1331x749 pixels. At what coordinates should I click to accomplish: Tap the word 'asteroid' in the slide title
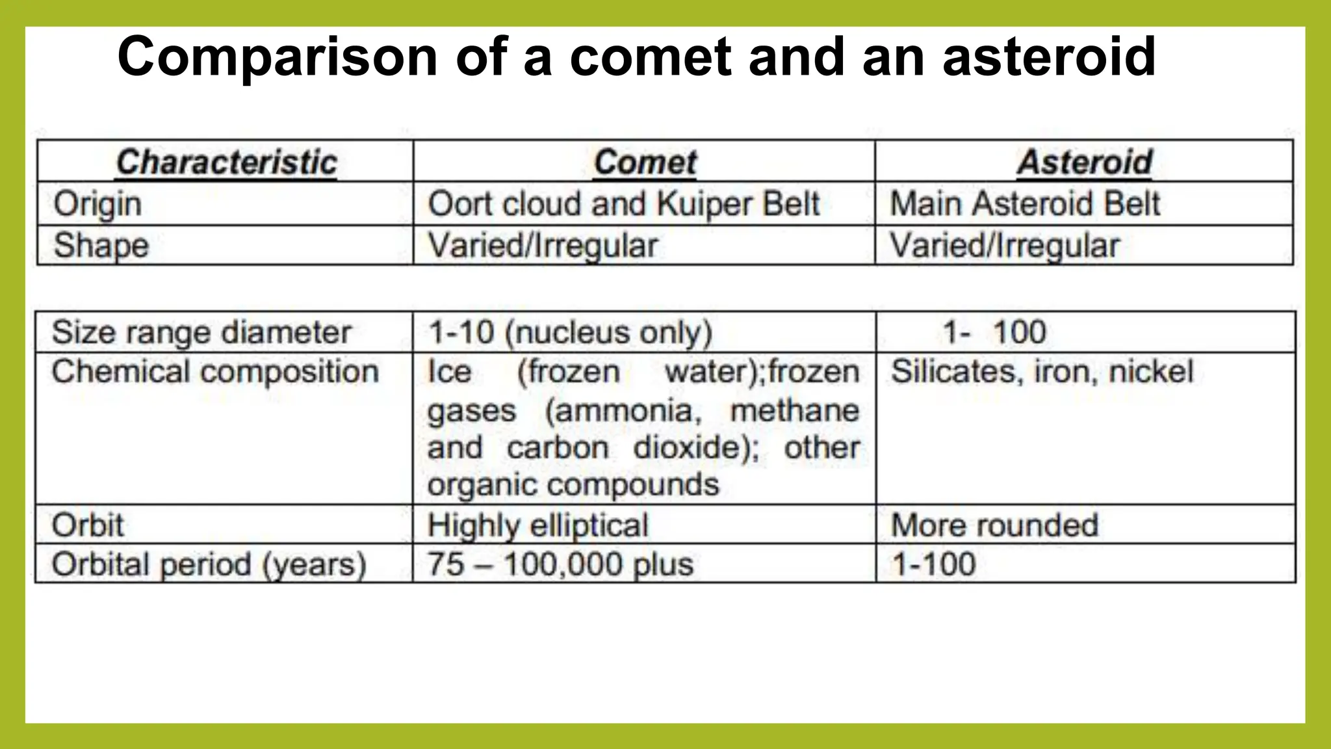(x=1049, y=57)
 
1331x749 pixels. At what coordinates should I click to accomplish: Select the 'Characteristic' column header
(x=226, y=162)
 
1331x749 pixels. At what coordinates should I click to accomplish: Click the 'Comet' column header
(x=645, y=162)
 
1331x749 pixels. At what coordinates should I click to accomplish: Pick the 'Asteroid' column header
(x=1085, y=162)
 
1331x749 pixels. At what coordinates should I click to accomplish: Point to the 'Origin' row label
(x=97, y=204)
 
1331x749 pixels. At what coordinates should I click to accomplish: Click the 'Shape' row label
(x=101, y=246)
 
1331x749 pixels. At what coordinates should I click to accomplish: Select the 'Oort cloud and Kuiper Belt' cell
(x=624, y=204)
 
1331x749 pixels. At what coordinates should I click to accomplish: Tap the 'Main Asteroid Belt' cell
(x=1025, y=204)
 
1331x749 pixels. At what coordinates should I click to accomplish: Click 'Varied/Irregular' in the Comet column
(x=543, y=246)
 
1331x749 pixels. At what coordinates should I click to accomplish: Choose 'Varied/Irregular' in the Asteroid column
(x=1005, y=246)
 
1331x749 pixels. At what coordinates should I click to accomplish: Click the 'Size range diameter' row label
(x=201, y=332)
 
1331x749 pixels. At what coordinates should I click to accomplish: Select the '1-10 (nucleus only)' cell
(x=571, y=332)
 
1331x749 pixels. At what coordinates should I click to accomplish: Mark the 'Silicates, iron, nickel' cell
(x=1042, y=372)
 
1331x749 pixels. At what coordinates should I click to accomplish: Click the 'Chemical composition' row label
(x=215, y=372)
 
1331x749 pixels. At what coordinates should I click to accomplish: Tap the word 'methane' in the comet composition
(x=795, y=411)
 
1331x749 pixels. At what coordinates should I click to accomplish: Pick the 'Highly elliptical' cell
(x=538, y=525)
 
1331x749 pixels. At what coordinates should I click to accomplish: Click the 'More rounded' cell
(x=994, y=525)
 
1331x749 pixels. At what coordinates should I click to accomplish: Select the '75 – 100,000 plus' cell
(x=560, y=564)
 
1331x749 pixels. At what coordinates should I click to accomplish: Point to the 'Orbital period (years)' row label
(x=209, y=564)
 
